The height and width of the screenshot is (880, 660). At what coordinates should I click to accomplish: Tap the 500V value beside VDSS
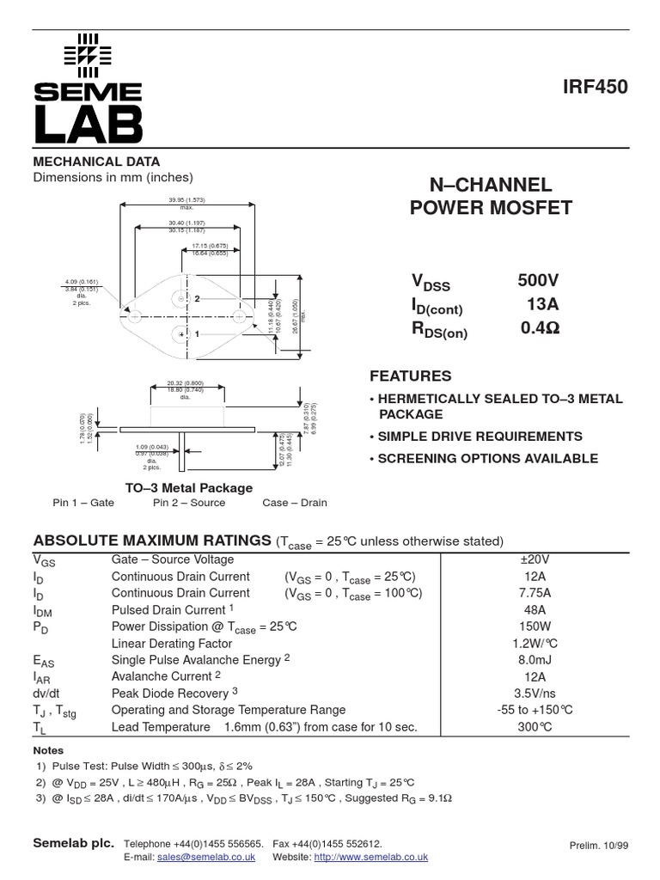click(538, 281)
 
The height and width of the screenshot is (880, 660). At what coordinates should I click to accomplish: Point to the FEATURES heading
click(410, 376)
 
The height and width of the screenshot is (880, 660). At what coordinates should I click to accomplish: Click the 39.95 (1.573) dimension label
click(186, 200)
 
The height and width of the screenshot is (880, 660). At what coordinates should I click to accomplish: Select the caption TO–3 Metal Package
click(189, 487)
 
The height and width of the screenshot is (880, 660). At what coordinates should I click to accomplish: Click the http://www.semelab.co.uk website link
click(370, 857)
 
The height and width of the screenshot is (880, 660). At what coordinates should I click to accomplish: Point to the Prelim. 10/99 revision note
click(599, 846)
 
